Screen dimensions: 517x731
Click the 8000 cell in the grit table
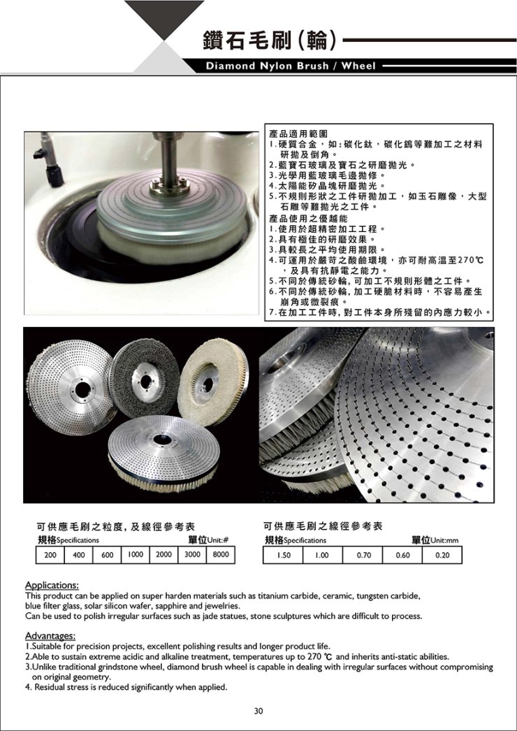[221, 555]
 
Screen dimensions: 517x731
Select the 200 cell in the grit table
[50, 555]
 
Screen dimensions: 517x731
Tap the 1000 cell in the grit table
[136, 555]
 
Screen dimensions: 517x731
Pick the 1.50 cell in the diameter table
[283, 555]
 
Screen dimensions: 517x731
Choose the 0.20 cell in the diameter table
[442, 555]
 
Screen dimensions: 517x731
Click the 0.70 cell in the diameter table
[363, 555]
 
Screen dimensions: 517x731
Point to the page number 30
[258, 711]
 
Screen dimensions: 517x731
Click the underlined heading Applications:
[52, 585]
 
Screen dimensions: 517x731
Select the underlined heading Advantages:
[50, 636]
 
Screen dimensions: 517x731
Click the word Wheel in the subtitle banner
[359, 66]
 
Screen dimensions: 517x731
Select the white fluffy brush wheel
[212, 382]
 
